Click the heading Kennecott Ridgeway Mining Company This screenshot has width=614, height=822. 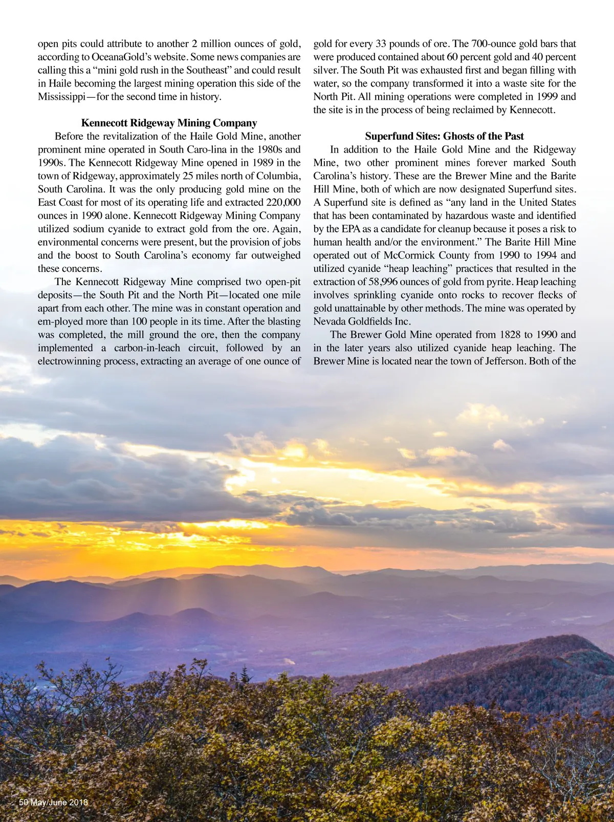[x=169, y=123]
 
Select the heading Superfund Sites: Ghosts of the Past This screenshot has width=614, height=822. [x=444, y=136]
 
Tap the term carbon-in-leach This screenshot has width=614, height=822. [x=147, y=348]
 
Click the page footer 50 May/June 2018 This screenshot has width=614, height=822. [x=53, y=802]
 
